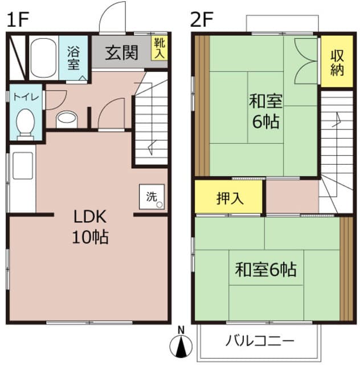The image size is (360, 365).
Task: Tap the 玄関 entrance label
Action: click(x=121, y=53)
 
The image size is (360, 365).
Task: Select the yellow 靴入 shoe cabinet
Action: click(x=159, y=48)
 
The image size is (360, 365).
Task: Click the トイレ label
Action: click(x=26, y=97)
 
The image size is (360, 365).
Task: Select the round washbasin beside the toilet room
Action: click(x=67, y=119)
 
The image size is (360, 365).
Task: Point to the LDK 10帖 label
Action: click(x=90, y=226)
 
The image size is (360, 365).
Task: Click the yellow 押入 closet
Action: click(x=229, y=198)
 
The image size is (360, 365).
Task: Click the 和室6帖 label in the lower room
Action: click(x=267, y=269)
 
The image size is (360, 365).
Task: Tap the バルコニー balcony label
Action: click(x=259, y=341)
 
